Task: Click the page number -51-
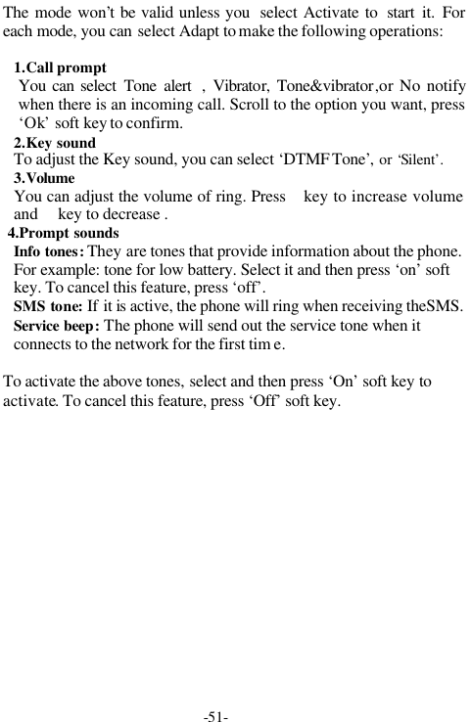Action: point(215,716)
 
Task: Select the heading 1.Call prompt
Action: point(61,69)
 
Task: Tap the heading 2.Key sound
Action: point(55,143)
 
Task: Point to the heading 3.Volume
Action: point(44,179)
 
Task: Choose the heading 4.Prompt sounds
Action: point(64,234)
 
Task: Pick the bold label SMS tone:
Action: point(48,307)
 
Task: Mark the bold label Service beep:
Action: point(56,326)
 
